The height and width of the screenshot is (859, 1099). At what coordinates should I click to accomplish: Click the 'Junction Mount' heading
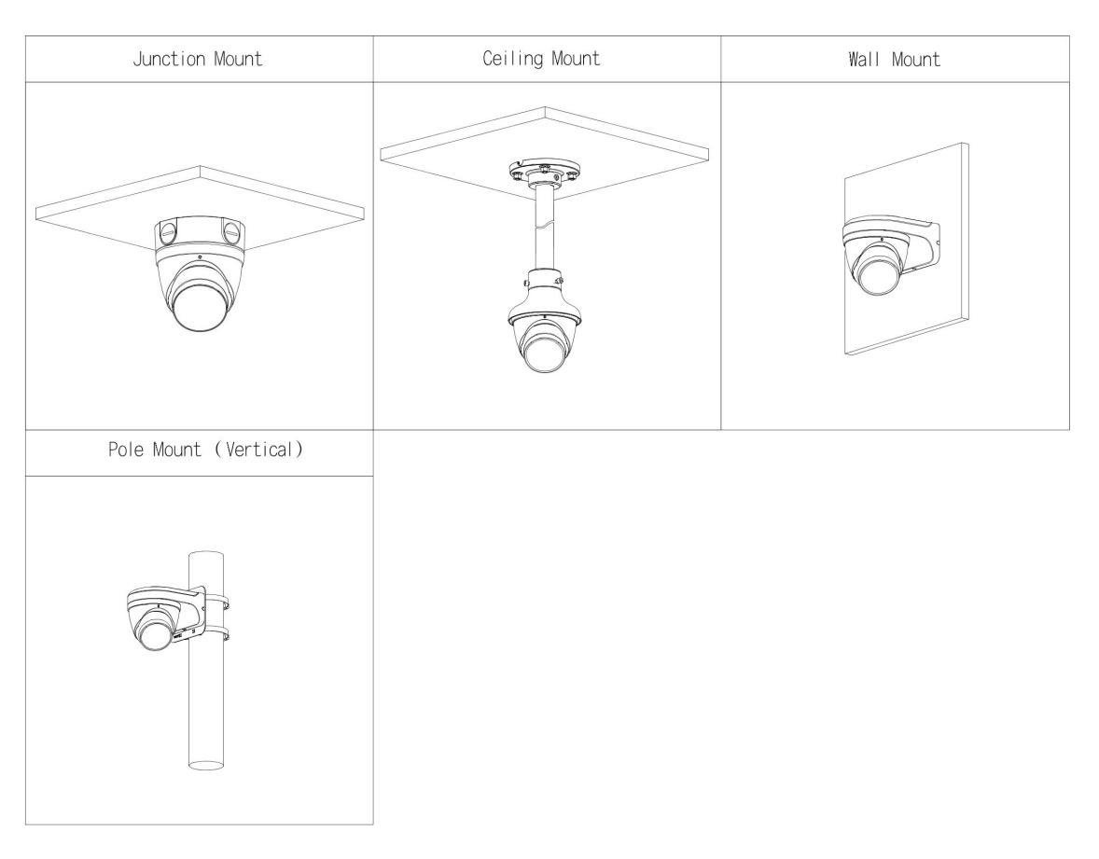[199, 59]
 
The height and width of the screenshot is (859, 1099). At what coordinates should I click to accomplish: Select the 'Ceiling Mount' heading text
[547, 59]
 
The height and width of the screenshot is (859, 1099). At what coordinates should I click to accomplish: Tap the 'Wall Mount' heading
[895, 59]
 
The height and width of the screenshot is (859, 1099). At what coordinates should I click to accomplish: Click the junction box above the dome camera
[200, 230]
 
